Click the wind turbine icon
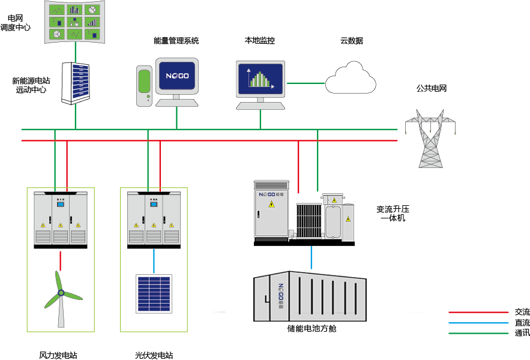point(61,295)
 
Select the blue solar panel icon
point(153,293)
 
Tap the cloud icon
point(351,77)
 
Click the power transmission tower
point(430,137)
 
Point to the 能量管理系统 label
point(176,41)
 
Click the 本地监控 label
point(259,41)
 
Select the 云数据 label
point(351,41)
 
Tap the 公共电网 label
point(432,88)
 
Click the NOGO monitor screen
point(177,76)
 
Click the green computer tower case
point(143,86)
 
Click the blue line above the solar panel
point(154,260)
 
